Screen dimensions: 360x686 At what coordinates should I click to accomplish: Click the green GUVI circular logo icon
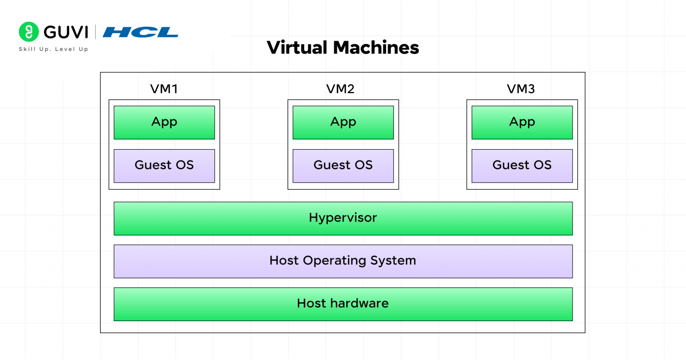click(x=29, y=32)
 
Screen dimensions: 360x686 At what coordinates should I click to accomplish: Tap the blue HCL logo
click(x=140, y=32)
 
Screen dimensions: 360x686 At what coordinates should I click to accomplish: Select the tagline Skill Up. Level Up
click(x=53, y=49)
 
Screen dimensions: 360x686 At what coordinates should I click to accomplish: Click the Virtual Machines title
click(x=343, y=47)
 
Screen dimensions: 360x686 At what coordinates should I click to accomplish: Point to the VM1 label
click(x=164, y=89)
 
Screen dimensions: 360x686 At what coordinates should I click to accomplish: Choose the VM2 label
click(x=340, y=89)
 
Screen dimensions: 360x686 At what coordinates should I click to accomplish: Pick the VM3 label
click(x=521, y=89)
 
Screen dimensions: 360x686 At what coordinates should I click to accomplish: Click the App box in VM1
click(x=164, y=122)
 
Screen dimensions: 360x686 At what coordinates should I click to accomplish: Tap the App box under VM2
click(x=343, y=122)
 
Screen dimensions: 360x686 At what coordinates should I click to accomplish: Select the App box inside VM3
click(x=522, y=122)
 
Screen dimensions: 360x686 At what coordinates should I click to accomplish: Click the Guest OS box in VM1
click(x=164, y=166)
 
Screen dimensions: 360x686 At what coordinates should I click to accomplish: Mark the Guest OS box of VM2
click(x=343, y=166)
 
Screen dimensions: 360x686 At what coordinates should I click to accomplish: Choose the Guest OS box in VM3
click(x=522, y=166)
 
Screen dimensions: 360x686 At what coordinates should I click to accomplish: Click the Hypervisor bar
click(x=343, y=218)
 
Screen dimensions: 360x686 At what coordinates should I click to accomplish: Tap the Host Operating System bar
click(x=343, y=261)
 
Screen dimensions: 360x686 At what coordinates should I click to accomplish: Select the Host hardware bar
click(x=343, y=304)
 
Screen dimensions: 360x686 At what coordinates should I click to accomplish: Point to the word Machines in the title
click(x=376, y=47)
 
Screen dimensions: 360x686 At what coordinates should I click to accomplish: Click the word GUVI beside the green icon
click(x=66, y=32)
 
